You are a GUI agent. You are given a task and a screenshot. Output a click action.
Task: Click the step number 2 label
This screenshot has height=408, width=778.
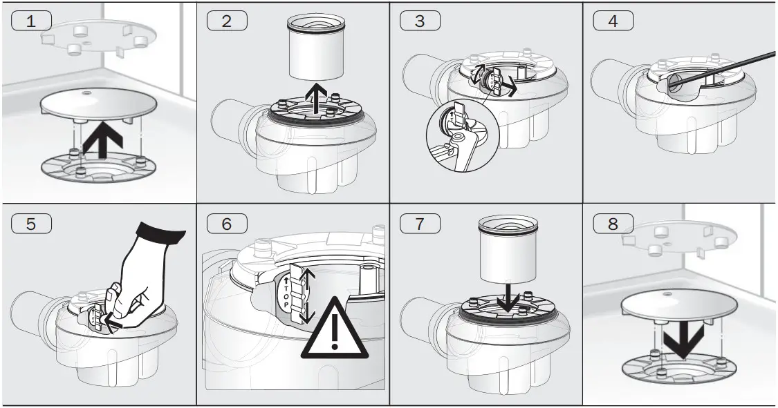coord(226,20)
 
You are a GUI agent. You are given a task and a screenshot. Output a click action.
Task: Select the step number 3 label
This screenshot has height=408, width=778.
coord(420,20)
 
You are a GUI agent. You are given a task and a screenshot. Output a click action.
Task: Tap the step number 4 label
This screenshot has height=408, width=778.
coord(613,20)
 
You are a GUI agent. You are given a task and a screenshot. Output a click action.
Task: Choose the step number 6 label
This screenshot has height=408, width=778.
coord(226,224)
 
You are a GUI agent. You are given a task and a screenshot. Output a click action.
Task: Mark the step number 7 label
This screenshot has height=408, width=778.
coord(420,224)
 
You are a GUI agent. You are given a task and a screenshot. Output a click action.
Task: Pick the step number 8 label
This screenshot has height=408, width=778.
coord(613,224)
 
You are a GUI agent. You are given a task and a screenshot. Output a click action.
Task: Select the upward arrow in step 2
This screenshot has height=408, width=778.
coord(315,97)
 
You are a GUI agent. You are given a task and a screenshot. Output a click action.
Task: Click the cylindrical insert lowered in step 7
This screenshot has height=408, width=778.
coord(508,249)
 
